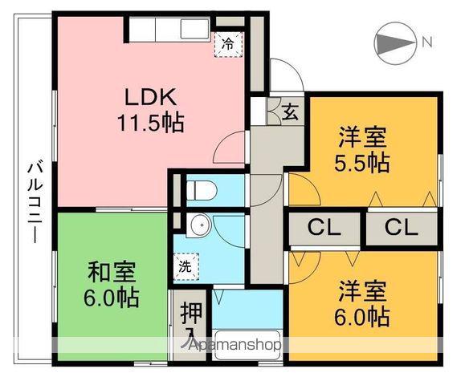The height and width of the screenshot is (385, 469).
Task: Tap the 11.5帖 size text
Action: tap(150, 123)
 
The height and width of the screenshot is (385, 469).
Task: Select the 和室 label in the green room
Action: tap(112, 271)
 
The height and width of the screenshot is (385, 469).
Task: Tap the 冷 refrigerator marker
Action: tap(228, 44)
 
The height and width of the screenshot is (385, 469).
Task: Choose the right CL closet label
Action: tap(402, 227)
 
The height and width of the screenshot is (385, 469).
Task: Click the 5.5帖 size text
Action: tap(363, 163)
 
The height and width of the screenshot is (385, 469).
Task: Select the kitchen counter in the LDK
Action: tap(169, 30)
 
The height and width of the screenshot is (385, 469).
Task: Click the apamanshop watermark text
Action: tap(233, 344)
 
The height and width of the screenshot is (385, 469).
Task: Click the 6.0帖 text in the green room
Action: tap(112, 298)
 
